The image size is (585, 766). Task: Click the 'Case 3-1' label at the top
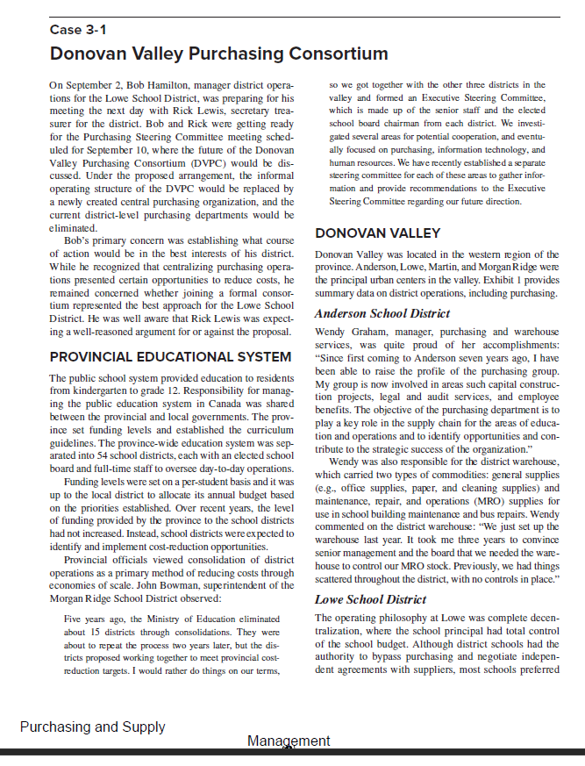(78, 31)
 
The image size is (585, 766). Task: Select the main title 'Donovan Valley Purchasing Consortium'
(218, 54)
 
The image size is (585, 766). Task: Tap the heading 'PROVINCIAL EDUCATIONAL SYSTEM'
(170, 357)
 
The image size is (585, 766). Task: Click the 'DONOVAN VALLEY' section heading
(377, 233)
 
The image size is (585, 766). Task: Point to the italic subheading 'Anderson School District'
(382, 313)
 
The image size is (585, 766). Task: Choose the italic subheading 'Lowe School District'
(370, 599)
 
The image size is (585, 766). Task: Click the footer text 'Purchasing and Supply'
(92, 727)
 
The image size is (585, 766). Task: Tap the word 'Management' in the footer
(289, 741)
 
